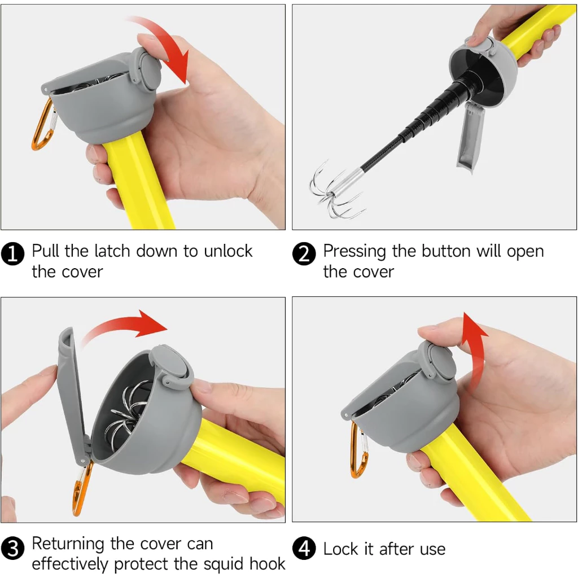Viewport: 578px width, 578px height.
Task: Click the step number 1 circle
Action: (x=12, y=253)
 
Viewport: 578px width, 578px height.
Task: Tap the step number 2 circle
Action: (x=304, y=253)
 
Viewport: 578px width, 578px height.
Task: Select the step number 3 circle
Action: (x=12, y=548)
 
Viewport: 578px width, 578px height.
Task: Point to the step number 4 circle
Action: (x=304, y=548)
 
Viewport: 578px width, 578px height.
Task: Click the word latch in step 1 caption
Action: (x=112, y=251)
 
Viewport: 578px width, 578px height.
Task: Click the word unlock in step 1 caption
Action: (x=228, y=251)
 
